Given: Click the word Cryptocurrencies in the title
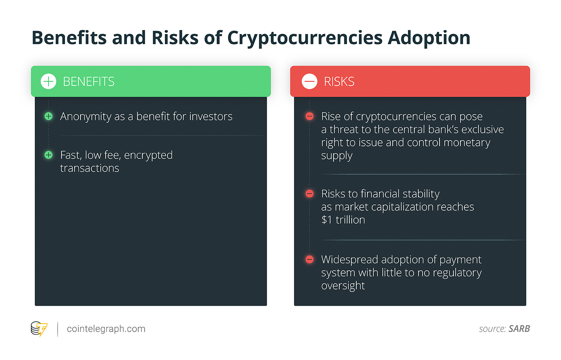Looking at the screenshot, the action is (305, 38).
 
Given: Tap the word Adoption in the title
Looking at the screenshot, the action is (429, 38).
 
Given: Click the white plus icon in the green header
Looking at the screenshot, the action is (48, 81).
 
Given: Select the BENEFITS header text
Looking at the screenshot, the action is (89, 81).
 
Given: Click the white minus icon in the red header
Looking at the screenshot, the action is (309, 81).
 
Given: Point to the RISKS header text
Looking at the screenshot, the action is (339, 81).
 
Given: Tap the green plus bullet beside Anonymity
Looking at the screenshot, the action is (48, 116).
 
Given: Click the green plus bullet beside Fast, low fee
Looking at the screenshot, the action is (48, 155).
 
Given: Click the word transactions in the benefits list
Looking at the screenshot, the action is (90, 168).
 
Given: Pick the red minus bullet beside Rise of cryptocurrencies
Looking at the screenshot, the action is (310, 116).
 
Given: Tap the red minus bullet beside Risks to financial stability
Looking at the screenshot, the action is (310, 194).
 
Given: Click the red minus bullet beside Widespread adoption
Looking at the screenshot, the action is (310, 259).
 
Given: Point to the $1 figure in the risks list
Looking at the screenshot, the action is (327, 220).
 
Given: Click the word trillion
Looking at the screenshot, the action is (350, 220).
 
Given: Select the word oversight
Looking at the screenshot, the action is (343, 286).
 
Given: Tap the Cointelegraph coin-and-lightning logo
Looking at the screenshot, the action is (39, 329).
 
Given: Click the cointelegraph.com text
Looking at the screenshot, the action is (106, 329).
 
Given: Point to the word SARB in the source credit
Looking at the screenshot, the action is (519, 329).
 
